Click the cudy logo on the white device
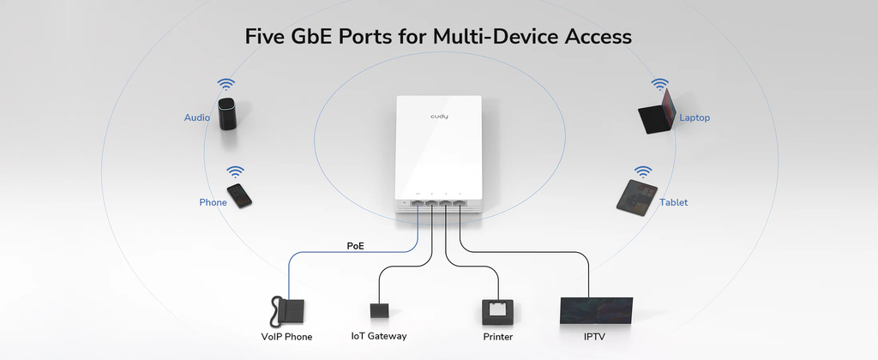(439, 115)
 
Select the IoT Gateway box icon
(379, 310)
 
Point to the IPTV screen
(595, 310)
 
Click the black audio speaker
(227, 113)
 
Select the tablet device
(637, 196)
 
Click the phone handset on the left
(239, 195)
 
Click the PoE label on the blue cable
(356, 246)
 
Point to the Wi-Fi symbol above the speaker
(226, 84)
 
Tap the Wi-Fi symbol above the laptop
(659, 84)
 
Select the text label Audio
(197, 117)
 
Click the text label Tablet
(673, 203)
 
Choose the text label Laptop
(695, 117)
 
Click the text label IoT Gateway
(379, 337)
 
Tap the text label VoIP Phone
(286, 337)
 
